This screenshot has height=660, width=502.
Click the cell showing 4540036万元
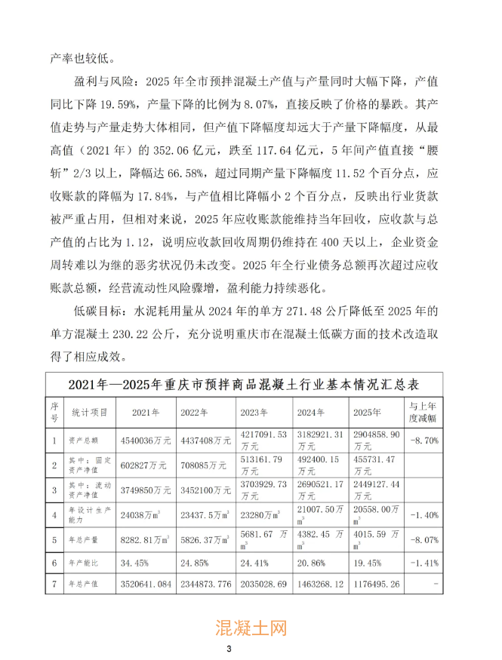[148, 438]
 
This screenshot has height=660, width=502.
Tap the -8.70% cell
[422, 438]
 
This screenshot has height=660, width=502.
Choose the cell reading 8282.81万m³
[148, 539]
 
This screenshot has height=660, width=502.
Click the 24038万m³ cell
[143, 516]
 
